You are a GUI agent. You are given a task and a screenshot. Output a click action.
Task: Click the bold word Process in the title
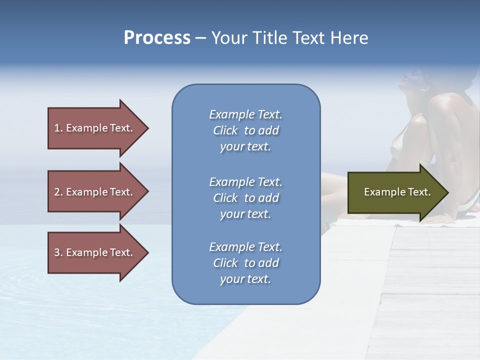point(157,38)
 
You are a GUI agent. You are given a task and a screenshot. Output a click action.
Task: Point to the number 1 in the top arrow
point(57,128)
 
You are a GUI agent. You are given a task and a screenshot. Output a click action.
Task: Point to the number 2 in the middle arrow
point(57,192)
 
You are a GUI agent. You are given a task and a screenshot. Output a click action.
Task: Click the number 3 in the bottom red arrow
point(57,252)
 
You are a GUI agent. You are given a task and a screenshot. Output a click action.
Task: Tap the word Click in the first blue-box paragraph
point(225,130)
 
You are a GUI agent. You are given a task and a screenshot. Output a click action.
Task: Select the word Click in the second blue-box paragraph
point(225,198)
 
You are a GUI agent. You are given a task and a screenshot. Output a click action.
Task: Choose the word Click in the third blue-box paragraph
point(225,263)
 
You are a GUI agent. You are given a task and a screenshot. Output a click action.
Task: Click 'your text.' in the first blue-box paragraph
point(245,147)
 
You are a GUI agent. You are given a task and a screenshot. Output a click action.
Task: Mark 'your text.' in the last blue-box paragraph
point(245,279)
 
